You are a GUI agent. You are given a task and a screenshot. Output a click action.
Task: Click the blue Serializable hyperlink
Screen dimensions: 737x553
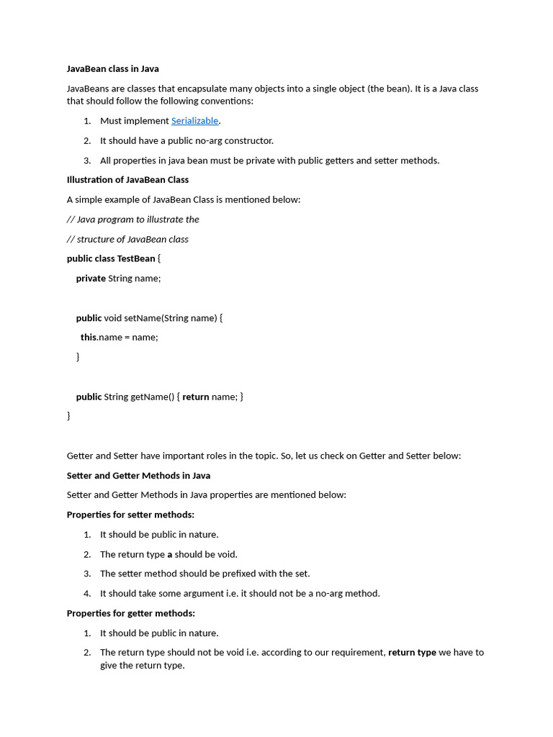194,121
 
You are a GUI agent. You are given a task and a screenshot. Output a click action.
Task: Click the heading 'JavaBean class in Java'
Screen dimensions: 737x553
113,69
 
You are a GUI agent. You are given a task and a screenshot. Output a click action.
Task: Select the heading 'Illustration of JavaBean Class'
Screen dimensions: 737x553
127,180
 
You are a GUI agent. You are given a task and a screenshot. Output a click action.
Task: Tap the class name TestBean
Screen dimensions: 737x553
136,258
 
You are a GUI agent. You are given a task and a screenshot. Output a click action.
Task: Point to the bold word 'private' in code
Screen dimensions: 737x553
91,279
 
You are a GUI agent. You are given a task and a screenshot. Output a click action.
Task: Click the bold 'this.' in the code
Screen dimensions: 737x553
89,337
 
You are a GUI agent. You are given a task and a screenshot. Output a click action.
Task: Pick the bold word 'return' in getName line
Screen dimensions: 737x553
195,397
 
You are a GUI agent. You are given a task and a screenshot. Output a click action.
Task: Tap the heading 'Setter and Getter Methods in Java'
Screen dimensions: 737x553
138,476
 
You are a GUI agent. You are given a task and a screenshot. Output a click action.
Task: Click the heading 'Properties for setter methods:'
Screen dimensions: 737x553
130,515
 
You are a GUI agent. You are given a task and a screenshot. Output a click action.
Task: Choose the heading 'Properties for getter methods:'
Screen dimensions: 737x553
131,613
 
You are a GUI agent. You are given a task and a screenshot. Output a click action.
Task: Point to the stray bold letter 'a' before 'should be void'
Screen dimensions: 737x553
170,555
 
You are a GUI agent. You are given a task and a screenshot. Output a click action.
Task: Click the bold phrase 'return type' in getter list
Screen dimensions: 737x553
412,653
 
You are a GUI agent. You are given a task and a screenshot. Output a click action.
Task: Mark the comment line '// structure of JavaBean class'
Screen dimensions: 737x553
127,239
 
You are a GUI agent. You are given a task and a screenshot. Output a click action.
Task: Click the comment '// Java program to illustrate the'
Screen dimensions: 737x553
132,220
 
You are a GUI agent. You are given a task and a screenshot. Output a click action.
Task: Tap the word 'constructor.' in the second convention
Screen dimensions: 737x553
249,141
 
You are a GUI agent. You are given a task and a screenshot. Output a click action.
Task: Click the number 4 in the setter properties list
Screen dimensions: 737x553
86,594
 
